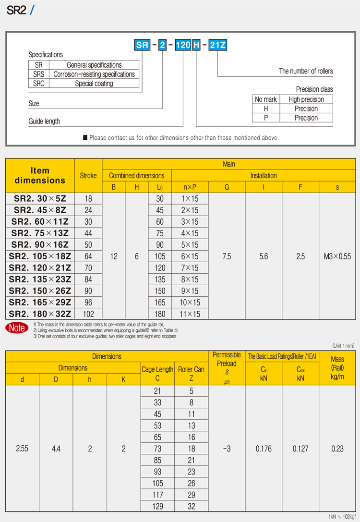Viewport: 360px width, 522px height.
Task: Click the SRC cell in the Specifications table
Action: point(39,84)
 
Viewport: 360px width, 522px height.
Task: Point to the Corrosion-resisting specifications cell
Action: point(94,74)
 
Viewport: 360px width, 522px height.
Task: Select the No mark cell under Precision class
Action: point(266,99)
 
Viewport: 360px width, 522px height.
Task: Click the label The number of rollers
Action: point(306,71)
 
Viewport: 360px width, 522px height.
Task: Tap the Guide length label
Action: point(44,121)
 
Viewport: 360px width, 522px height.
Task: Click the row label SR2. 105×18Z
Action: point(40,256)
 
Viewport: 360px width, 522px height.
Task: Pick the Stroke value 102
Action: point(88,314)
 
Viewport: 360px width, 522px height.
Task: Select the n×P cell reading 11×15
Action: point(190,314)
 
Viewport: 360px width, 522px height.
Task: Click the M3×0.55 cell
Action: point(337,256)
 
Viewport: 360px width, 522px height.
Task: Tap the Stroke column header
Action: point(88,176)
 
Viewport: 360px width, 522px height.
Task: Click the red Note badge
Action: point(16,328)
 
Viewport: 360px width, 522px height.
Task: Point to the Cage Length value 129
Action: point(158,506)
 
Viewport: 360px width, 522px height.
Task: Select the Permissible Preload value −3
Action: point(227,449)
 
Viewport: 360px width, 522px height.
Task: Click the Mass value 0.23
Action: point(337,449)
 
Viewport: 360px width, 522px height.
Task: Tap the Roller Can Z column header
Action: point(191,374)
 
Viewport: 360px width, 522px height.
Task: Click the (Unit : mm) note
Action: point(343,345)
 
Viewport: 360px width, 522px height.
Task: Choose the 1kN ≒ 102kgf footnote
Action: point(341,517)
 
